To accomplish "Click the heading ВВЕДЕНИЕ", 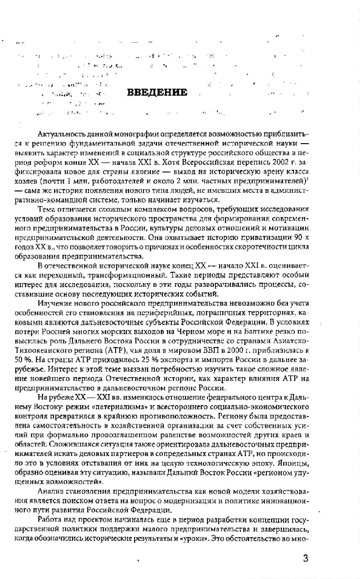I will click(x=157, y=93).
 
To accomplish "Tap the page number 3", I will click(x=306, y=559).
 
